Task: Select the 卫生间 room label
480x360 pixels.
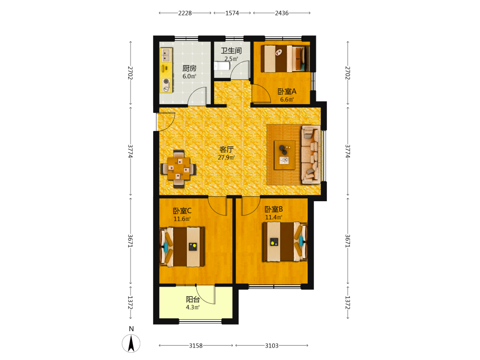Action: (x=231, y=51)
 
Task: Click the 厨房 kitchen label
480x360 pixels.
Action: (x=189, y=68)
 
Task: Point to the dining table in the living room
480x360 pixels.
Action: (x=179, y=168)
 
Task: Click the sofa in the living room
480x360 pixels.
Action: (x=311, y=155)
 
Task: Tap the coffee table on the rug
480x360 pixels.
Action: (x=285, y=155)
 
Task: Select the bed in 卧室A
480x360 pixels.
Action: (x=285, y=59)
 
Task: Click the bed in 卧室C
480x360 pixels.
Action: (x=182, y=247)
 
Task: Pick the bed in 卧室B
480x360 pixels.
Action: (x=285, y=242)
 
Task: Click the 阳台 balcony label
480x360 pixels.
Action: (x=193, y=300)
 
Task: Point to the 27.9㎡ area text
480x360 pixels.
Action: (x=226, y=157)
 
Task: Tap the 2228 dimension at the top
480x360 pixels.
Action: (x=185, y=13)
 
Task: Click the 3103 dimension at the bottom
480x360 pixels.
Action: (x=272, y=346)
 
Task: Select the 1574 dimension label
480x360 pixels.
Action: (x=232, y=13)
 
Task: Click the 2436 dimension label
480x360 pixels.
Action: (x=282, y=13)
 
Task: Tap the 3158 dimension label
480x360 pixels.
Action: (x=196, y=346)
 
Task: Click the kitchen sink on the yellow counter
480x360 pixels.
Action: (x=166, y=55)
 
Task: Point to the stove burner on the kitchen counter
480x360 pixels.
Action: (x=166, y=82)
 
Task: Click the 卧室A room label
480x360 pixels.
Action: (x=287, y=91)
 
